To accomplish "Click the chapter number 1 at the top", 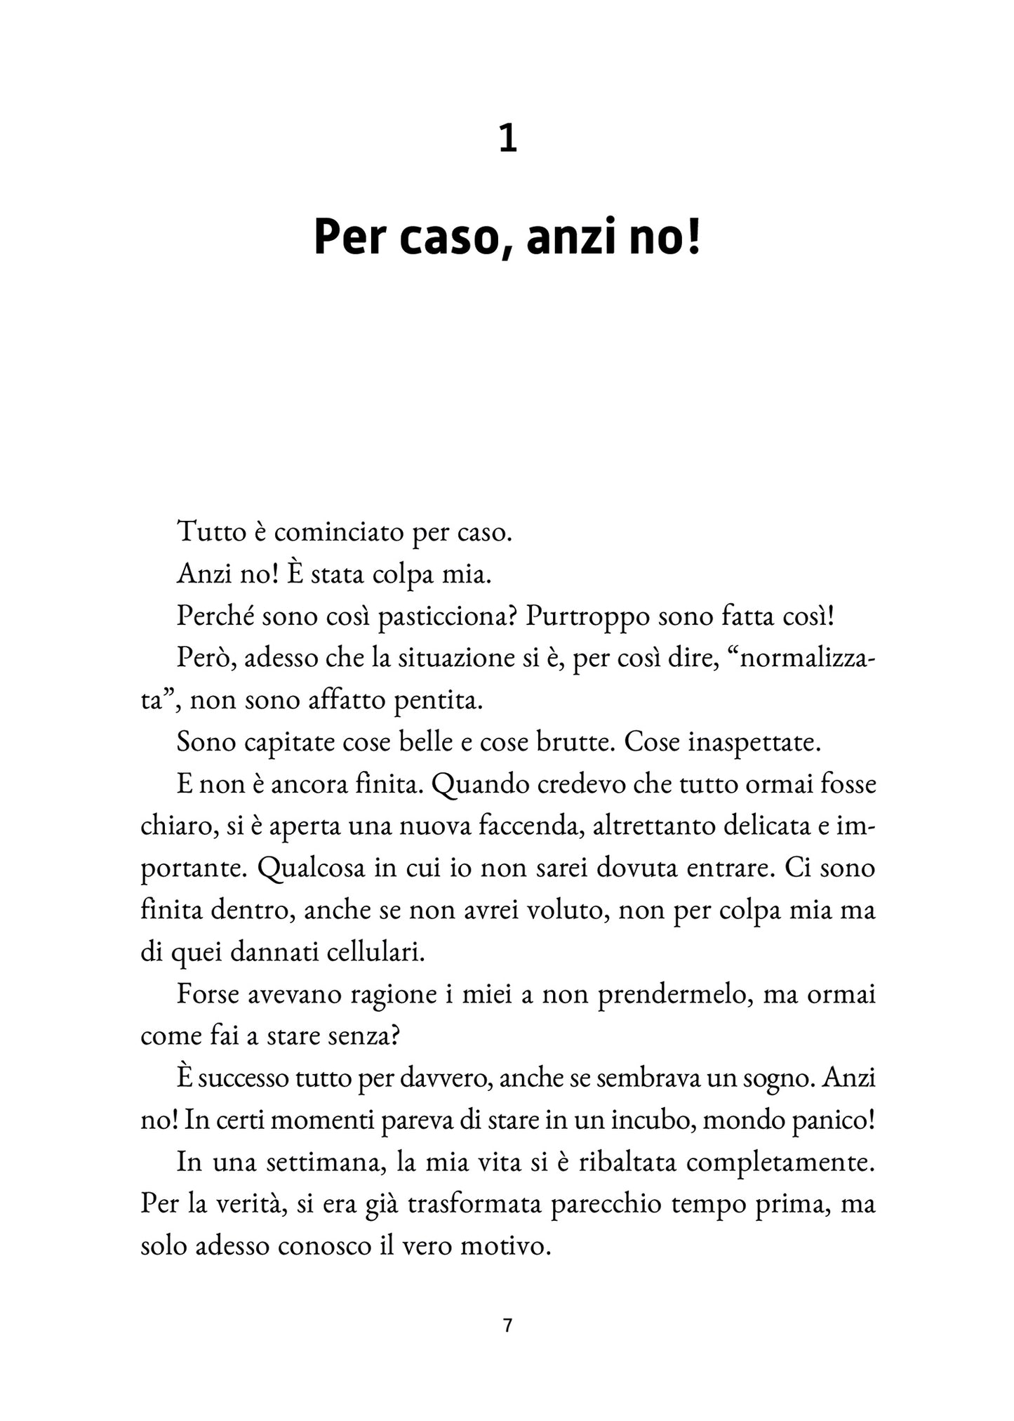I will [x=507, y=139].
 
